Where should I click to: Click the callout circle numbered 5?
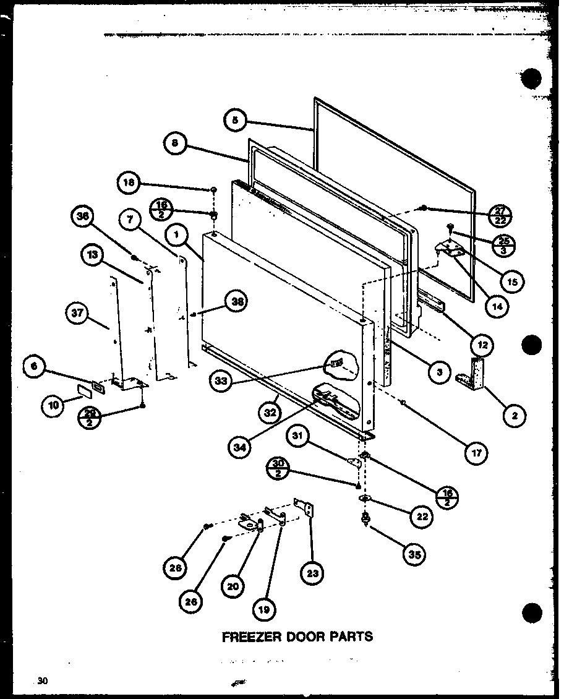click(x=235, y=120)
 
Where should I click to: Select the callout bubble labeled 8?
click(x=175, y=144)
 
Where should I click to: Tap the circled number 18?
click(x=129, y=182)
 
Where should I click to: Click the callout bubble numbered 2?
click(x=514, y=416)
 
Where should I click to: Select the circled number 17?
click(x=476, y=453)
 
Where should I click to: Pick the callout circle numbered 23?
click(x=313, y=573)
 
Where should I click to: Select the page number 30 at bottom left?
click(x=42, y=682)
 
